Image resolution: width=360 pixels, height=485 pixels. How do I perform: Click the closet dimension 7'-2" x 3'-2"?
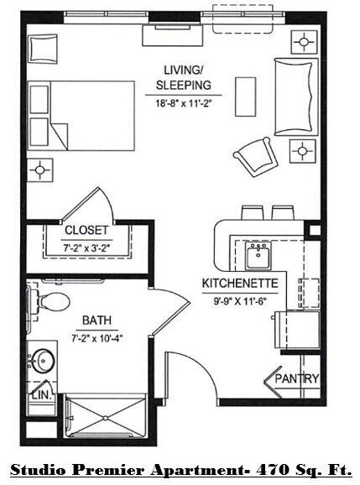click(86, 248)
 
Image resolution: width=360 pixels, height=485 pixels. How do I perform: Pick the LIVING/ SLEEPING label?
click(183, 77)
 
